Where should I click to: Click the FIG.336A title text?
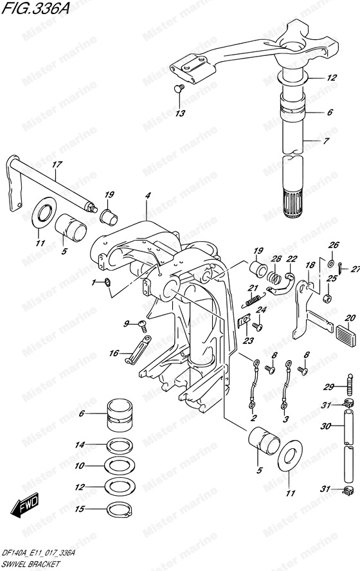pos(35,8)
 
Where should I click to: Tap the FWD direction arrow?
pos(25,505)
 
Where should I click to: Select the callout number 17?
pos(57,165)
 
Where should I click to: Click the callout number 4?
pos(147,196)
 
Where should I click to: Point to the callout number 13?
pos(180,113)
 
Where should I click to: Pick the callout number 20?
pos(350,318)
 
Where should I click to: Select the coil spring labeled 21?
pos(253,300)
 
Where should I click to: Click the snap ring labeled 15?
pos(119,509)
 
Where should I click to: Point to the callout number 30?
pos(326,426)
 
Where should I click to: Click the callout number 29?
pos(328,386)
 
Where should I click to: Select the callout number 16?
pos(114,353)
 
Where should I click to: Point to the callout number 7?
pos(326,141)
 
